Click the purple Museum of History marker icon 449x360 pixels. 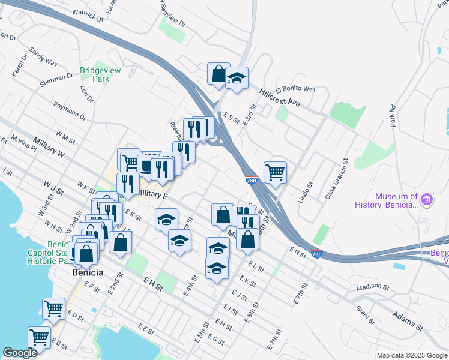[x=427, y=199]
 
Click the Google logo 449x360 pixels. [x=20, y=353]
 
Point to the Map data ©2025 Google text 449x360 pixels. [x=411, y=355]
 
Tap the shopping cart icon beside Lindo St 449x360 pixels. [x=275, y=172]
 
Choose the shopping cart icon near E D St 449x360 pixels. [x=54, y=308]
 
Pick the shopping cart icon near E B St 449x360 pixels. [x=40, y=337]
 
